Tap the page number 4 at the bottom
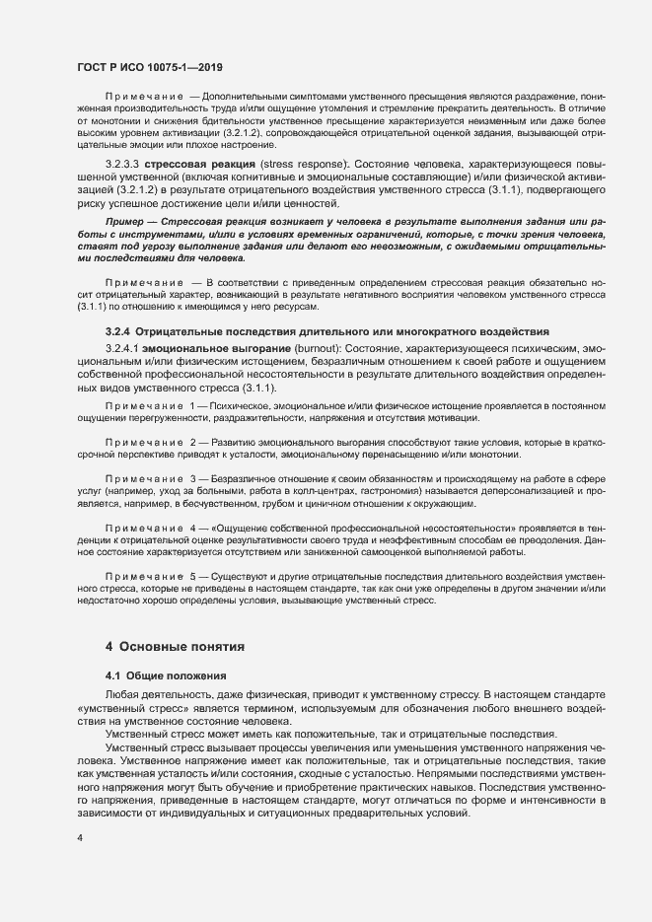(x=80, y=838)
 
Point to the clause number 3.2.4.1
(x=121, y=349)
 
